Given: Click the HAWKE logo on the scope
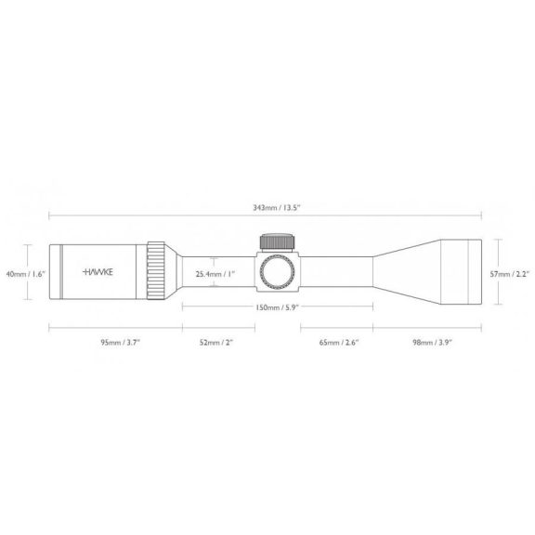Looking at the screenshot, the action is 98,272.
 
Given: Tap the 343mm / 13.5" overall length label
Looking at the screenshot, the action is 276,208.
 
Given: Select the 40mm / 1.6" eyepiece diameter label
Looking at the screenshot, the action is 26,274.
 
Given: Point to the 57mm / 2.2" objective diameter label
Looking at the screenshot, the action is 510,274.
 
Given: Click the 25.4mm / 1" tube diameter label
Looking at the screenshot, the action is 215,274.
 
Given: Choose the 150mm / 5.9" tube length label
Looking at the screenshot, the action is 277,307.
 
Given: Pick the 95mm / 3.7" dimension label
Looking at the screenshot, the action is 121,342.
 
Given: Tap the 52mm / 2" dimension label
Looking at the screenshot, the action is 215,342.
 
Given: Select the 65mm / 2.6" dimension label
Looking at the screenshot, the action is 339,342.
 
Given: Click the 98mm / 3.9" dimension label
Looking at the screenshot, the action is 432,342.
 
